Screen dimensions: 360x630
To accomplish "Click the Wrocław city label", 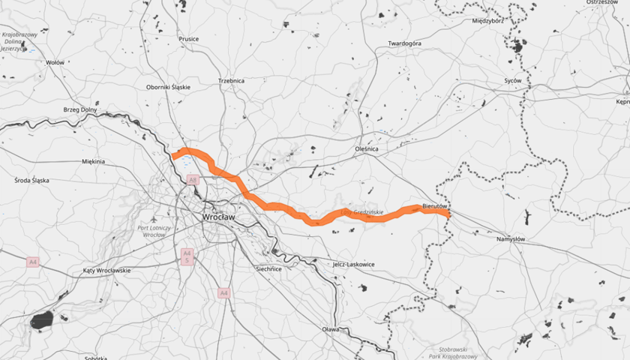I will [218, 217].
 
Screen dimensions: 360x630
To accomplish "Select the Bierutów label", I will [434, 205].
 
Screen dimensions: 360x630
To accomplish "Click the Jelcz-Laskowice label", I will [352, 264].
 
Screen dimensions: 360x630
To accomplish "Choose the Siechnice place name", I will [268, 268].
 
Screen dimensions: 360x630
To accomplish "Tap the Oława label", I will [330, 329].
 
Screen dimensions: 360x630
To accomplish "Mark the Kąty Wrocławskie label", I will [107, 270].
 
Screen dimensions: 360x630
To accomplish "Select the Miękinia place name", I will [94, 160].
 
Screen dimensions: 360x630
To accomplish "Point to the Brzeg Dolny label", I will [80, 109].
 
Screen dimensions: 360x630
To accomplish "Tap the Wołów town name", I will [55, 63].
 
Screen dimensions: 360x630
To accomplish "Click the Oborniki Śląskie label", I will [168, 87].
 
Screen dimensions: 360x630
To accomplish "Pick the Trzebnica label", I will [232, 80].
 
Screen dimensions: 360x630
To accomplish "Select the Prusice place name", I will [188, 39].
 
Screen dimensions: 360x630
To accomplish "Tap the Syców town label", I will [512, 79].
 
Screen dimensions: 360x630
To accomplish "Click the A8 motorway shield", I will [193, 180].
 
